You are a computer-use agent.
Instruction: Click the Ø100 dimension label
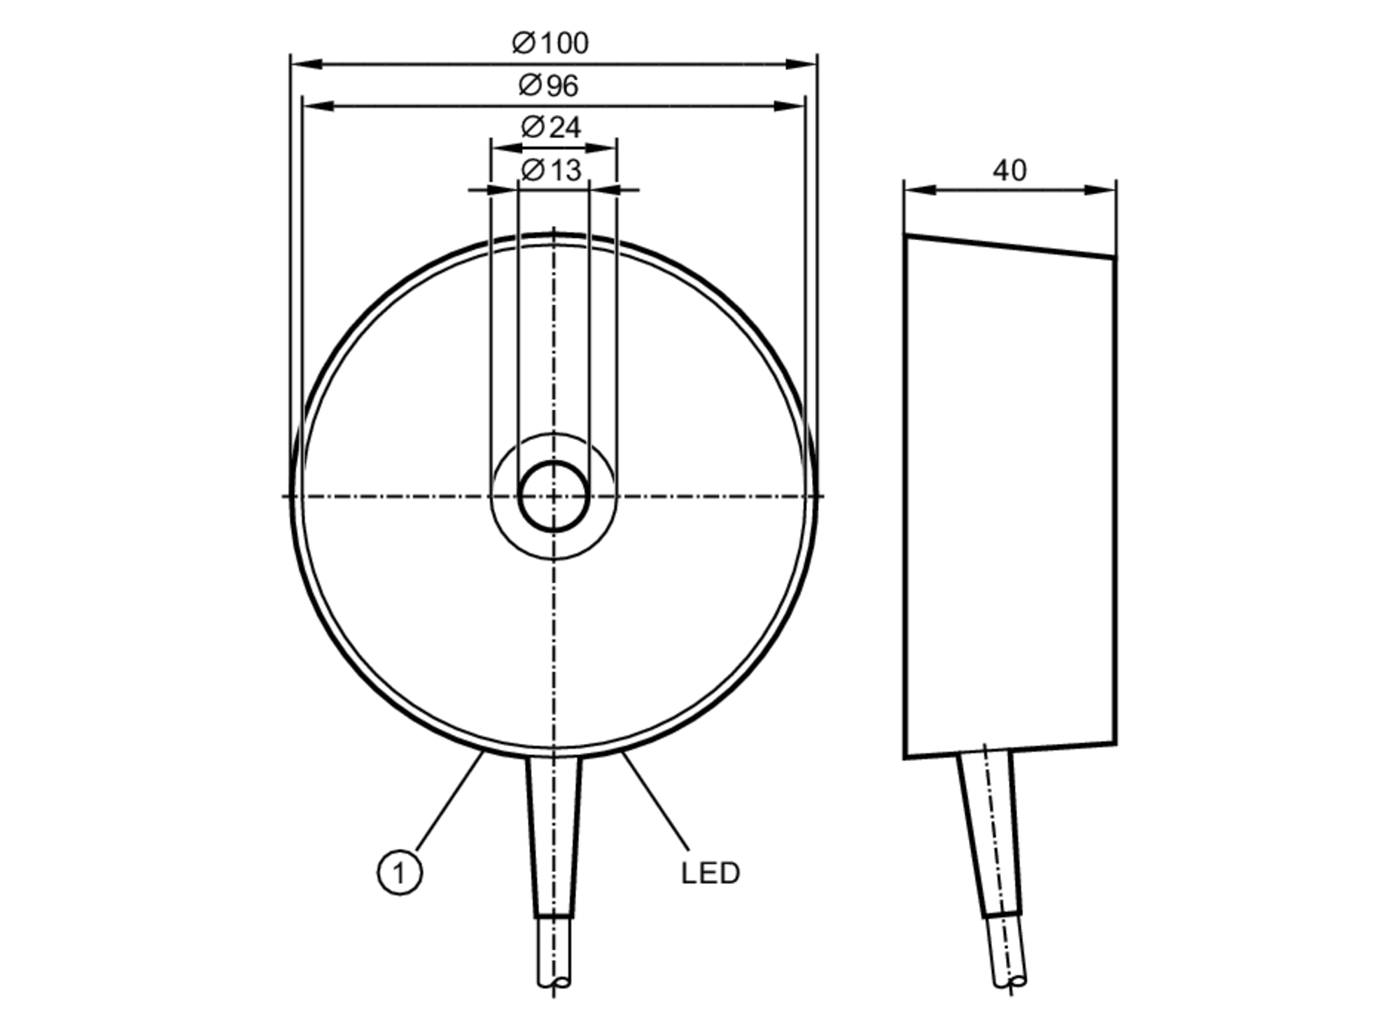[551, 43]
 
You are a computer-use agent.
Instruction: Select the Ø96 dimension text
[549, 86]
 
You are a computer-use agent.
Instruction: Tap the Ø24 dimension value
[552, 127]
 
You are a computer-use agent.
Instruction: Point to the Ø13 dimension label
[552, 170]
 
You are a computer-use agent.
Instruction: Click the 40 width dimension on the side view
[1009, 170]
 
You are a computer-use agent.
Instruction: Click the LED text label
[710, 873]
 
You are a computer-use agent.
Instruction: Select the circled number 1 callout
[400, 873]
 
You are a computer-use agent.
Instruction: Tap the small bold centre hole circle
[554, 496]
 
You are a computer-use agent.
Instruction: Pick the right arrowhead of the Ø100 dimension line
[802, 64]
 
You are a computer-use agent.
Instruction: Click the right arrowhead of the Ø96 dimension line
[790, 106]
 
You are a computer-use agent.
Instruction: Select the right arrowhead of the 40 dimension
[1100, 190]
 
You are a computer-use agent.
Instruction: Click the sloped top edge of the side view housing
[1009, 246]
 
